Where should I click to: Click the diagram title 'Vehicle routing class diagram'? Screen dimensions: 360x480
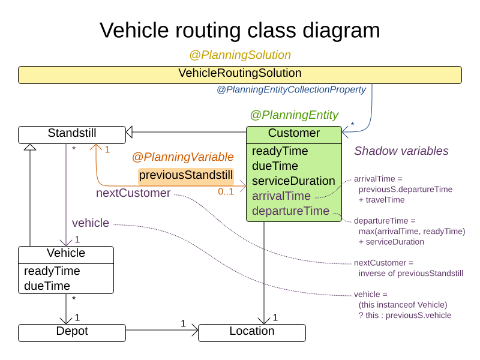[239, 30]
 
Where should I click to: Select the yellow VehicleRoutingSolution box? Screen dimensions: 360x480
[239, 74]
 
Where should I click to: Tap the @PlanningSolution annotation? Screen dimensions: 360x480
[240, 55]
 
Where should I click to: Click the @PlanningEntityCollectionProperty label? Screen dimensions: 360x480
[291, 90]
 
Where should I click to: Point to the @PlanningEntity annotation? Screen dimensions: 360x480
[294, 115]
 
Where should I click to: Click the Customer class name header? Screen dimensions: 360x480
[294, 134]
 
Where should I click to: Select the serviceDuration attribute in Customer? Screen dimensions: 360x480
[293, 181]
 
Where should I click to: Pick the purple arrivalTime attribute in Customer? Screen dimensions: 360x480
[281, 196]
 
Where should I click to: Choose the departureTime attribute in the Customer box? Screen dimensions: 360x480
[290, 211]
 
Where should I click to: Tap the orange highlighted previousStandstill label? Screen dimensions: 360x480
[186, 176]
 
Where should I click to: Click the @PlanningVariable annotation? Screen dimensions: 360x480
[182, 157]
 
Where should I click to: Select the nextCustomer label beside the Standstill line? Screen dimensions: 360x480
[133, 193]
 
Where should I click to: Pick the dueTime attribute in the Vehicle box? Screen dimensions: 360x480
[47, 286]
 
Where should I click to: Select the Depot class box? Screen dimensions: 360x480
[71, 332]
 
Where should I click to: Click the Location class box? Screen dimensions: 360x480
[251, 332]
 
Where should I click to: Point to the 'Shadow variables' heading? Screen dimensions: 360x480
[401, 151]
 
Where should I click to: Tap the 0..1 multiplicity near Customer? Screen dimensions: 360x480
[226, 191]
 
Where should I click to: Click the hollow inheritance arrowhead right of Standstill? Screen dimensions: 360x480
[129, 132]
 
